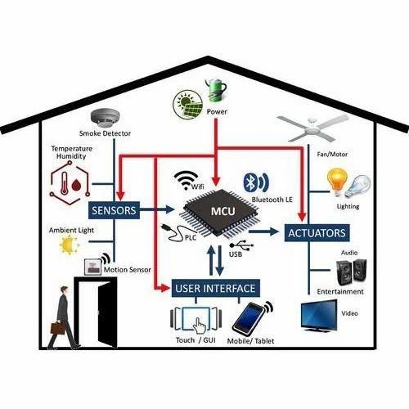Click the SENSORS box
point(114,210)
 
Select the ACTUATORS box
point(317,233)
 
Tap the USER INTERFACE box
point(215,288)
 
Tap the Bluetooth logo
point(249,182)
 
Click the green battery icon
point(216,90)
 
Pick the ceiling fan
point(313,128)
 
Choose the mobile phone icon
point(248,318)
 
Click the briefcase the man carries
point(57,328)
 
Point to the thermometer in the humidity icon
point(65,183)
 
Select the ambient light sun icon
point(69,245)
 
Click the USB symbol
point(241,245)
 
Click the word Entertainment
point(340,291)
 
